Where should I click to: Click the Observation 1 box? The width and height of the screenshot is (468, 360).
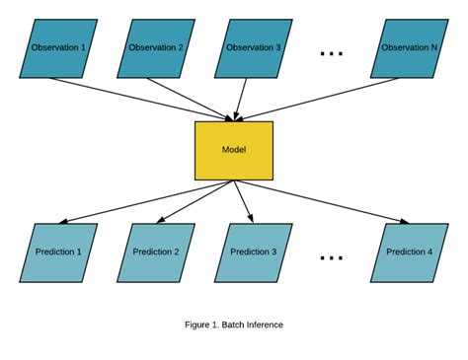[58, 48]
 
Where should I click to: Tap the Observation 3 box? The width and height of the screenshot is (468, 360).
[254, 48]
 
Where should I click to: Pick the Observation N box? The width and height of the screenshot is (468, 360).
[410, 48]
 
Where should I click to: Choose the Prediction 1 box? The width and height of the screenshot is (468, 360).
[58, 252]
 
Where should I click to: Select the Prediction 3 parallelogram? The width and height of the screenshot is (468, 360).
[254, 252]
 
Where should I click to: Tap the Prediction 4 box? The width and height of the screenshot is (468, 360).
[410, 252]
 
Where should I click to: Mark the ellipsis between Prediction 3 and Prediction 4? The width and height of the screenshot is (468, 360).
[332, 257]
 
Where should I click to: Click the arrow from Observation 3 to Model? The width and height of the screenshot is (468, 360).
[242, 99]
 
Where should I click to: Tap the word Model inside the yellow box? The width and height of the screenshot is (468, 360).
[234, 150]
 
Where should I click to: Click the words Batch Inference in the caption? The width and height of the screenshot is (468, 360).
[256, 324]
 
